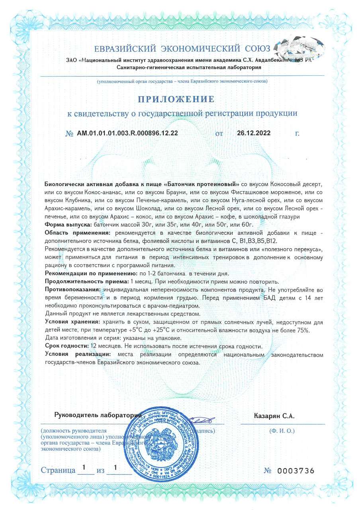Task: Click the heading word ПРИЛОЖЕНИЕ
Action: coord(176,99)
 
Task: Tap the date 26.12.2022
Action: coord(254,133)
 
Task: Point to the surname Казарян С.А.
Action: coord(274,416)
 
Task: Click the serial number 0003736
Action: coord(295,471)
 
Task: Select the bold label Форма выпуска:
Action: coord(68,225)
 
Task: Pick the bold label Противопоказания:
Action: coord(74,288)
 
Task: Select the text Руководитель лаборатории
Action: coord(98,415)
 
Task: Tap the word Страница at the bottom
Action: coord(58,470)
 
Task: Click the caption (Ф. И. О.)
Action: coord(282,431)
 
